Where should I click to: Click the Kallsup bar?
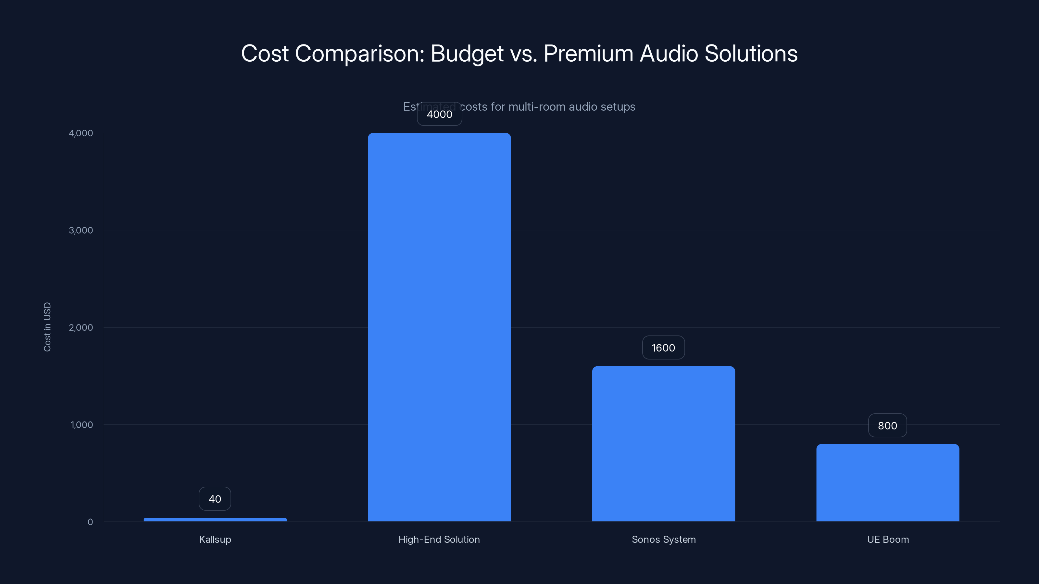215,519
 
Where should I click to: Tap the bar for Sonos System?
663,443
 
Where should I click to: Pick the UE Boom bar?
888,482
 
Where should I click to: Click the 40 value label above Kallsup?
215,499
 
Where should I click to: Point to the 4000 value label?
439,114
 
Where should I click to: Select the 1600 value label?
663,348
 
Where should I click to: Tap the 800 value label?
887,426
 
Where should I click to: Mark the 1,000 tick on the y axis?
81,424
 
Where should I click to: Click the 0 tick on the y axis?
90,522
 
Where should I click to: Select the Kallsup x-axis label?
215,539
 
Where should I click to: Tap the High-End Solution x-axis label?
439,539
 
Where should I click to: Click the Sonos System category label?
663,539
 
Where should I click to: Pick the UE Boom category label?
888,539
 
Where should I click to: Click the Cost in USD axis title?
47,327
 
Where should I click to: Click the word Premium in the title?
588,54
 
